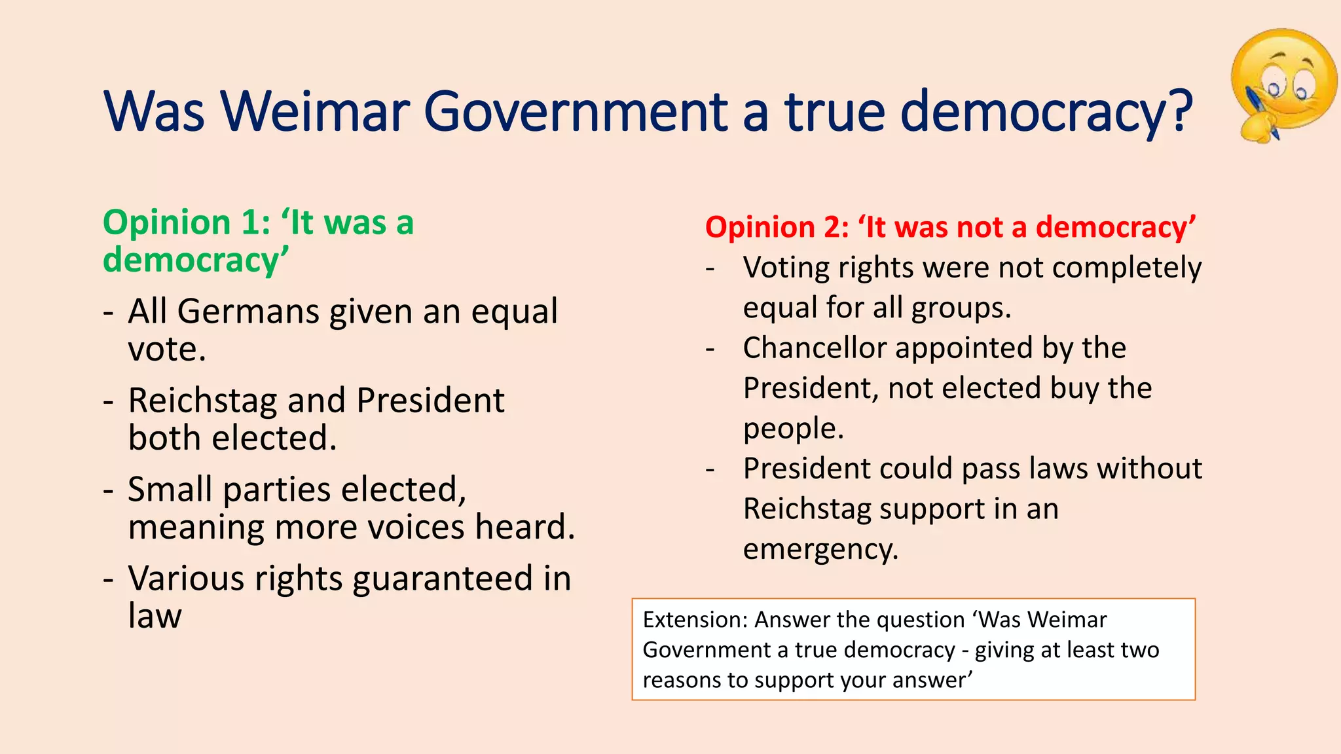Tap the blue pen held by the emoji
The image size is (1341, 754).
[x=1261, y=111]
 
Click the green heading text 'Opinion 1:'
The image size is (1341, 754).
[x=187, y=223]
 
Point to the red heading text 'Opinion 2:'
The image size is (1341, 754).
[x=777, y=227]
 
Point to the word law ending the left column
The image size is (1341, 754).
[x=155, y=616]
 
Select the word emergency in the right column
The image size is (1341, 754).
[x=820, y=549]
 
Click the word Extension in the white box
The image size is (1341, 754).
[x=693, y=619]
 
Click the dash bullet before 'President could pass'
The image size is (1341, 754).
[x=710, y=469]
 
